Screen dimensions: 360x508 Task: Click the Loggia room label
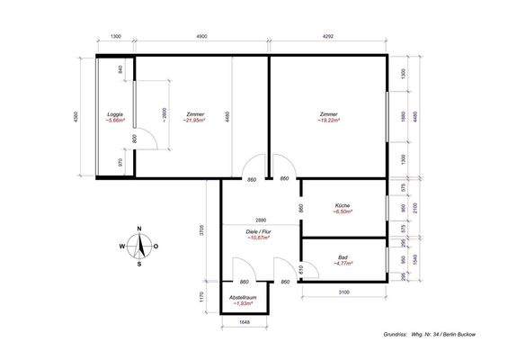[114, 114]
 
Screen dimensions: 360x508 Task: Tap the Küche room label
[343, 204]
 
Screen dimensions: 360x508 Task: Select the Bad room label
[343, 257]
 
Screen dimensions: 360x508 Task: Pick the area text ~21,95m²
[194, 121]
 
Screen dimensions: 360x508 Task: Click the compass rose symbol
[139, 246]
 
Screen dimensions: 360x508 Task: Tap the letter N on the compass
[139, 228]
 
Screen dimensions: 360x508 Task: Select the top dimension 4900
[201, 36]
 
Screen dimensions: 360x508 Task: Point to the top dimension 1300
[116, 36]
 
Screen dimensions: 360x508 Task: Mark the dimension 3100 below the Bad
[343, 292]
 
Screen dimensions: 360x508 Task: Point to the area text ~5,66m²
[114, 121]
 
